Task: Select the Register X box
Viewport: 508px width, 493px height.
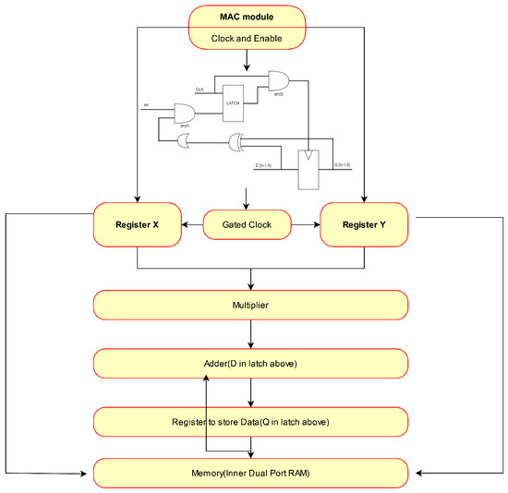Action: pos(138,224)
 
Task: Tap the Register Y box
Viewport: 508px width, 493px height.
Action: pos(363,224)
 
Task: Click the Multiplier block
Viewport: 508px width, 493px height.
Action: pos(251,304)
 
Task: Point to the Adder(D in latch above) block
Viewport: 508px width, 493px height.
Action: pos(251,363)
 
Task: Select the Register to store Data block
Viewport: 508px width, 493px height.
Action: pos(251,421)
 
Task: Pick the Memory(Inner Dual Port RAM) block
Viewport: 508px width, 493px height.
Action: pos(251,474)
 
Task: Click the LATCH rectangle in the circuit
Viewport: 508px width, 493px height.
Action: pos(232,104)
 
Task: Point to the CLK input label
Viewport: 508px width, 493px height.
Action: pos(200,89)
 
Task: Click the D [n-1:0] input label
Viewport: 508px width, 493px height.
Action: pos(266,165)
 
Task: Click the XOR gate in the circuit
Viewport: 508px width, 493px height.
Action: pos(237,141)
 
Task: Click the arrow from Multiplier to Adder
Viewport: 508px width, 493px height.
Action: pos(251,333)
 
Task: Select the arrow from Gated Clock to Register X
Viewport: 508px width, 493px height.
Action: pos(192,224)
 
